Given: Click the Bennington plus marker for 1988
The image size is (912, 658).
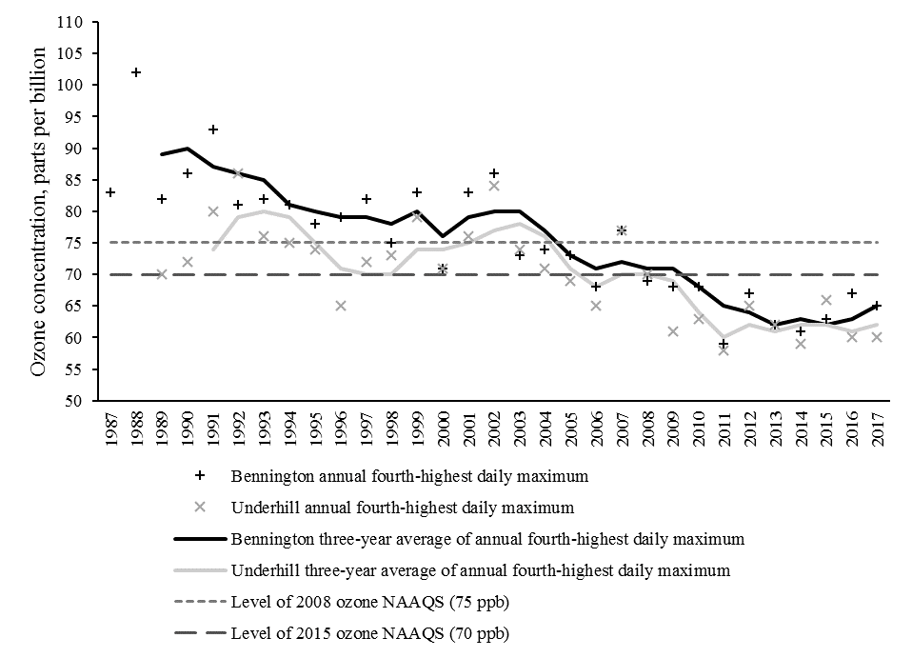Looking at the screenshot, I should coord(136,72).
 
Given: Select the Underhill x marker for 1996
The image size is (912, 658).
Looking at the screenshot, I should coord(341,306).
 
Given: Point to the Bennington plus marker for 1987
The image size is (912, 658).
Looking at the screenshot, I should coord(110,192).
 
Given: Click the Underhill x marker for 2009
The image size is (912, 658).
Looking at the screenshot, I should coord(673,331).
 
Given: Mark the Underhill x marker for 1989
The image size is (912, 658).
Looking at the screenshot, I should coord(162,274).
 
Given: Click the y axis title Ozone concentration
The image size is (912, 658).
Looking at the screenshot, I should coord(40,209).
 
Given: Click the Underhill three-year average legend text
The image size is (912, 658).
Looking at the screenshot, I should coord(481,570).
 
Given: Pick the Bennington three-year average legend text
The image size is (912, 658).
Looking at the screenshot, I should coord(486,538).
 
